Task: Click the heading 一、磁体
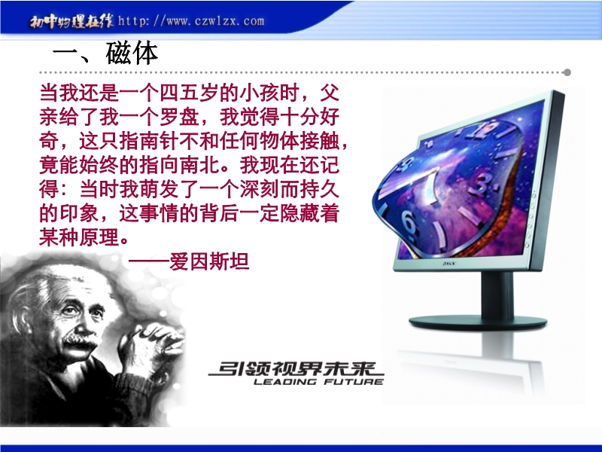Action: [x=105, y=53]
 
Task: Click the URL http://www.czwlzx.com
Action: [x=191, y=20]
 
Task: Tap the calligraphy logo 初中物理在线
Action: [x=71, y=21]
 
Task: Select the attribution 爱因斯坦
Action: [x=210, y=261]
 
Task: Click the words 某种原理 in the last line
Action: [x=79, y=237]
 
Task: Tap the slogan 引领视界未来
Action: [x=296, y=369]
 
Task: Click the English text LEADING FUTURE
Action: [x=318, y=382]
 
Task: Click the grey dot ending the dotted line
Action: [x=567, y=72]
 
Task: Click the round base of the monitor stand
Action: [x=478, y=322]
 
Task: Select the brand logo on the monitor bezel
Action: [x=449, y=264]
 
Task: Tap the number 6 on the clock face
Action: [x=409, y=222]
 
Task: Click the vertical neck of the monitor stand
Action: [x=497, y=294]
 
